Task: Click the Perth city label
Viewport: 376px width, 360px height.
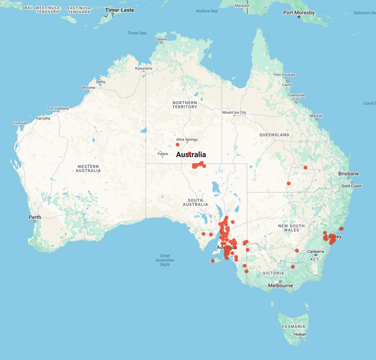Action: click(x=34, y=217)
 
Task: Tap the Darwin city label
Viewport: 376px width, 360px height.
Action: click(x=161, y=39)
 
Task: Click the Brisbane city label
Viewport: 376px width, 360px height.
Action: click(x=348, y=173)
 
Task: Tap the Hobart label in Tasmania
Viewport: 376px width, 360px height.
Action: click(x=300, y=334)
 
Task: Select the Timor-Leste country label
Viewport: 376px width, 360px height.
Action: click(x=119, y=10)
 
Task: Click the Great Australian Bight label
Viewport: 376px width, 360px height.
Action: click(x=165, y=260)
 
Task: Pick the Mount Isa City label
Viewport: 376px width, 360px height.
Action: click(x=234, y=113)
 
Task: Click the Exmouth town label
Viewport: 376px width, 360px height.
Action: click(x=21, y=123)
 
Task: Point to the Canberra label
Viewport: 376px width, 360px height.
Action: click(x=315, y=252)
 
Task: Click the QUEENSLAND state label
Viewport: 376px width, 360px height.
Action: click(x=274, y=135)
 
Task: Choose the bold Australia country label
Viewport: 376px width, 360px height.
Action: click(x=191, y=155)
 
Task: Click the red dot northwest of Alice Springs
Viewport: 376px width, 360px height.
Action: click(x=177, y=145)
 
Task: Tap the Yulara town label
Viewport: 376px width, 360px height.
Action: click(x=162, y=153)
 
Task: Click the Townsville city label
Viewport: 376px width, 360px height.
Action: click(x=296, y=96)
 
